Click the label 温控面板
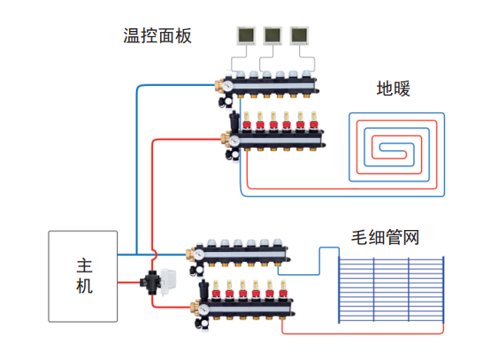pos(157,35)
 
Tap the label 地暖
pos(394,88)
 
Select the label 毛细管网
pos(385,237)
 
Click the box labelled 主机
pos(83,276)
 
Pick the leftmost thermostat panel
pos(246,35)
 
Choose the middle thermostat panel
pos(273,35)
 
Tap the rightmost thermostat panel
pos(299,35)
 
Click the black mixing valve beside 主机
pos(150,282)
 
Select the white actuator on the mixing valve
pos(168,281)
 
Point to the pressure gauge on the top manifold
pos(228,86)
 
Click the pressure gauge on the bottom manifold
pos(203,310)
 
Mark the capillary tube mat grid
pos(391,290)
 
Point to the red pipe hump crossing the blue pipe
pos(155,255)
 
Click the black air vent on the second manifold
pos(234,120)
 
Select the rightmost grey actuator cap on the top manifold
pos(306,74)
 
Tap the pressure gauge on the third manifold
pos(199,255)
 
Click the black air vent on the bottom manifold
pos(203,289)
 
